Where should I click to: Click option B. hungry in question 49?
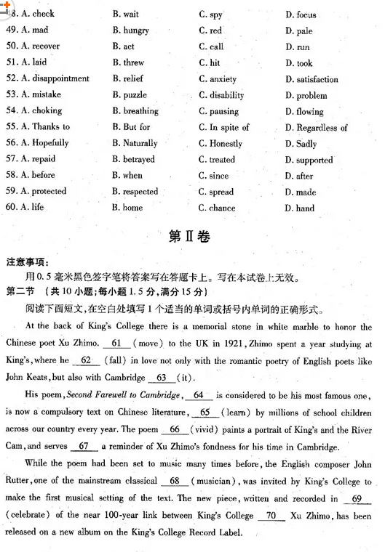point(130,31)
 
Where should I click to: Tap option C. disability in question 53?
point(221,95)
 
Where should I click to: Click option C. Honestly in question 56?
point(221,144)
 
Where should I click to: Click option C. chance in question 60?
point(217,208)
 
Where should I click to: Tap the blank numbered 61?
point(116,344)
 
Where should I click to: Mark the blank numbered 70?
point(271,516)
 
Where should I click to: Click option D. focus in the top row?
point(301,15)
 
